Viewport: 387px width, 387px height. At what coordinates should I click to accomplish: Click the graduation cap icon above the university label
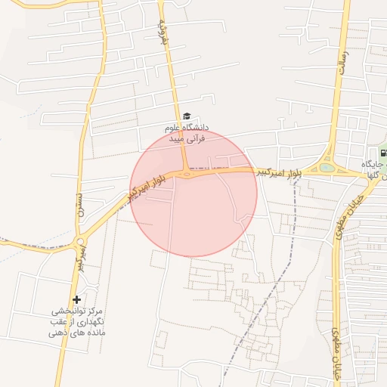187,116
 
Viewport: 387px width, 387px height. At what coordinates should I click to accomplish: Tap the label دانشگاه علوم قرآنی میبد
187,134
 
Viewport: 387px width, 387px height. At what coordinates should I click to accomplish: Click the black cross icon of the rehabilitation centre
76,300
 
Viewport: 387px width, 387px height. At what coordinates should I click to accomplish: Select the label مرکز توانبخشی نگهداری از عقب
76,321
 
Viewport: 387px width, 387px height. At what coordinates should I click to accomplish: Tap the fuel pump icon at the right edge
384,153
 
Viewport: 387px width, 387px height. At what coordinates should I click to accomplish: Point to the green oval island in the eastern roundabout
327,168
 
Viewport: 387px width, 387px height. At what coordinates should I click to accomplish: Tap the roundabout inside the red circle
187,174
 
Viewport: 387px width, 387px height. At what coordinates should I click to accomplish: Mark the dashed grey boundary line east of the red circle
291,227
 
